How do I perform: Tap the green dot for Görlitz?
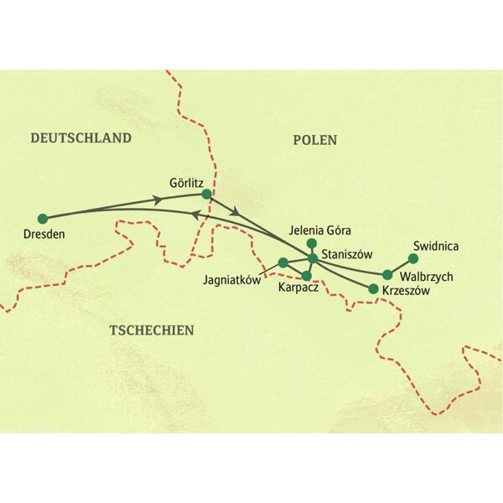207,195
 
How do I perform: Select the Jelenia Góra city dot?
312,243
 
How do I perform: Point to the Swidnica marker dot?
411,258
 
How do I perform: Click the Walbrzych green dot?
387,274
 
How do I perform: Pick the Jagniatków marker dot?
283,262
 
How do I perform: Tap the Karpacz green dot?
307,276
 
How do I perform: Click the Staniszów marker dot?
313,258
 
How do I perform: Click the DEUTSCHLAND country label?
81,138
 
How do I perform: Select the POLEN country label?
314,141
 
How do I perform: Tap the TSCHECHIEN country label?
152,330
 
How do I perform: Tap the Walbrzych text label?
426,276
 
